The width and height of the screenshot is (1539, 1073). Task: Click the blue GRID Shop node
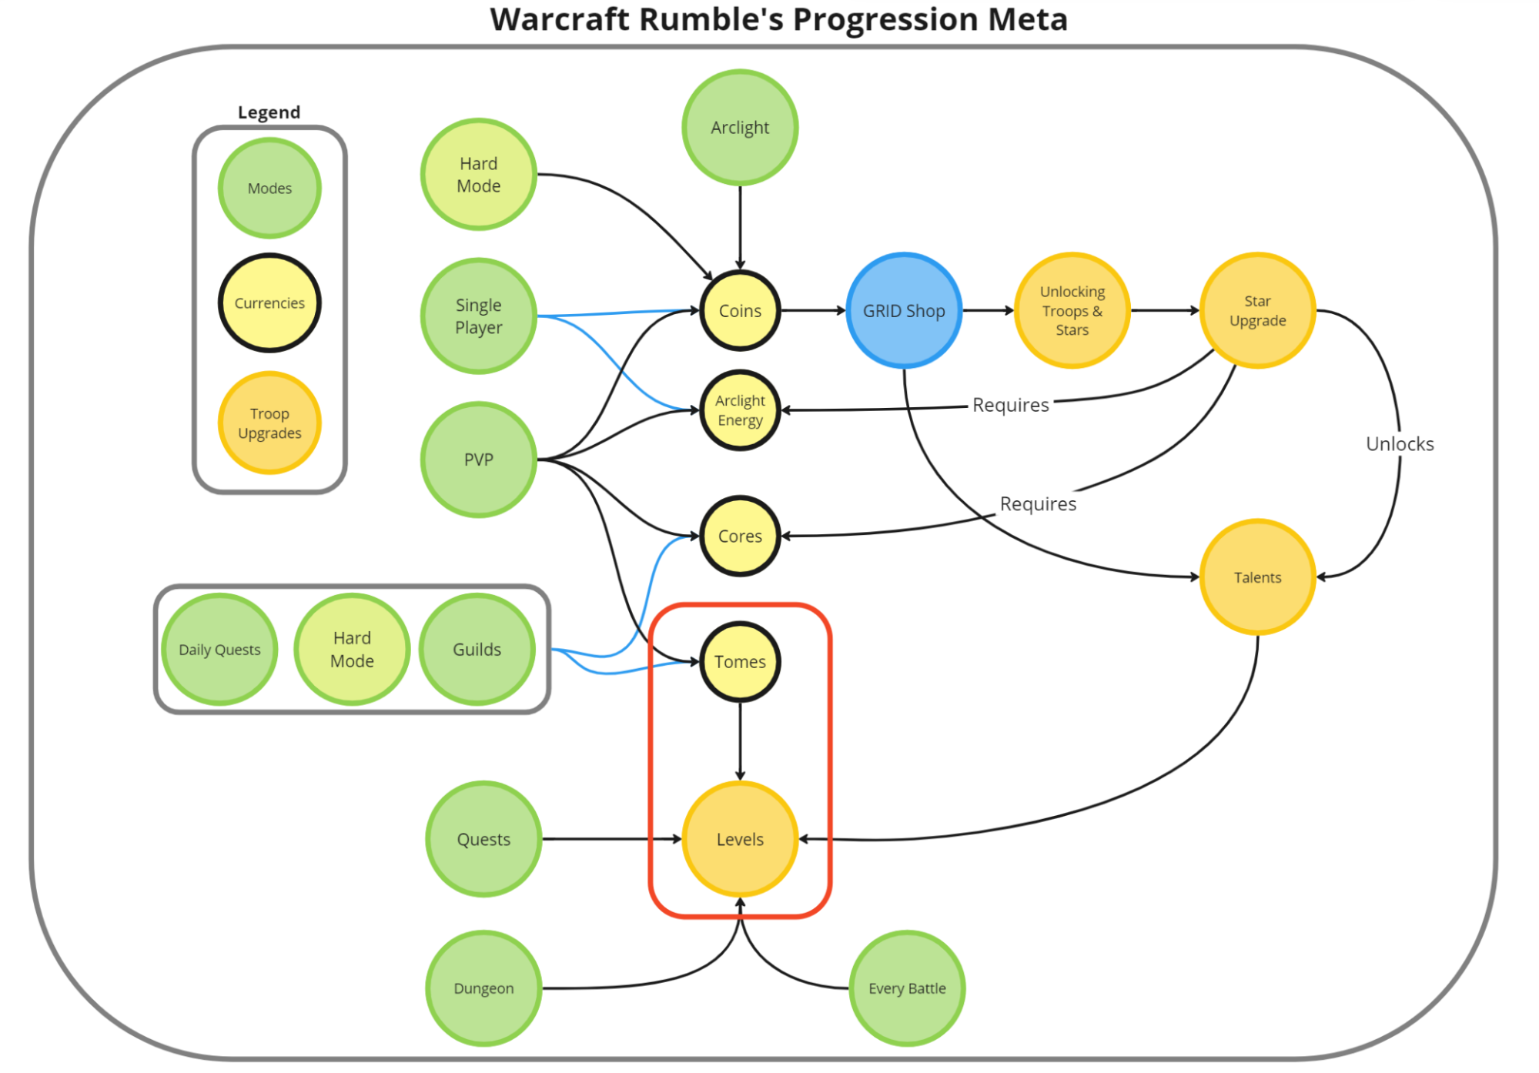pos(903,310)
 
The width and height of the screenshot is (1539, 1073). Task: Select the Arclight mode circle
pos(739,127)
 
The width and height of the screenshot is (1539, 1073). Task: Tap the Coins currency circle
pos(739,310)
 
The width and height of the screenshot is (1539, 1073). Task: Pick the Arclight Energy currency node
pos(739,410)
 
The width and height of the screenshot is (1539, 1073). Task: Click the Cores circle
pos(739,536)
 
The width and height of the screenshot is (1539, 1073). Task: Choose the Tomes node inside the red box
pos(739,661)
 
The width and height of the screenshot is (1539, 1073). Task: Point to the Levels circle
pos(739,839)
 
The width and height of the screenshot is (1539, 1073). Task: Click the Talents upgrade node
pos(1257,577)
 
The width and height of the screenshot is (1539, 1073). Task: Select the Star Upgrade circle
pos(1257,310)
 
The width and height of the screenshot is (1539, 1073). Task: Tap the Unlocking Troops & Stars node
pos(1072,310)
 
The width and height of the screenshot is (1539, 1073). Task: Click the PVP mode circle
pos(478,460)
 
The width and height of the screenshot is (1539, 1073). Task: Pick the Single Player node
pos(478,316)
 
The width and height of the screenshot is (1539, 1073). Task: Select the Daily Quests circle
pos(219,650)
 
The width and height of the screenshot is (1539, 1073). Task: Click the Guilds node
pos(477,650)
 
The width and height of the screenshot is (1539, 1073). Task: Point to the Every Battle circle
pos(907,988)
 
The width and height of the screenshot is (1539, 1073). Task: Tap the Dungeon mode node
pos(483,988)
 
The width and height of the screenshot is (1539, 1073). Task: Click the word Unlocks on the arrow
pos(1399,444)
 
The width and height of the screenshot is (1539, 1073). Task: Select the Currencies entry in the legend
pos(269,303)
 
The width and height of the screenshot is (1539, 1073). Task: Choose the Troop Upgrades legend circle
pos(269,423)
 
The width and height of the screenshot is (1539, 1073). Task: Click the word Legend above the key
pos(269,112)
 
